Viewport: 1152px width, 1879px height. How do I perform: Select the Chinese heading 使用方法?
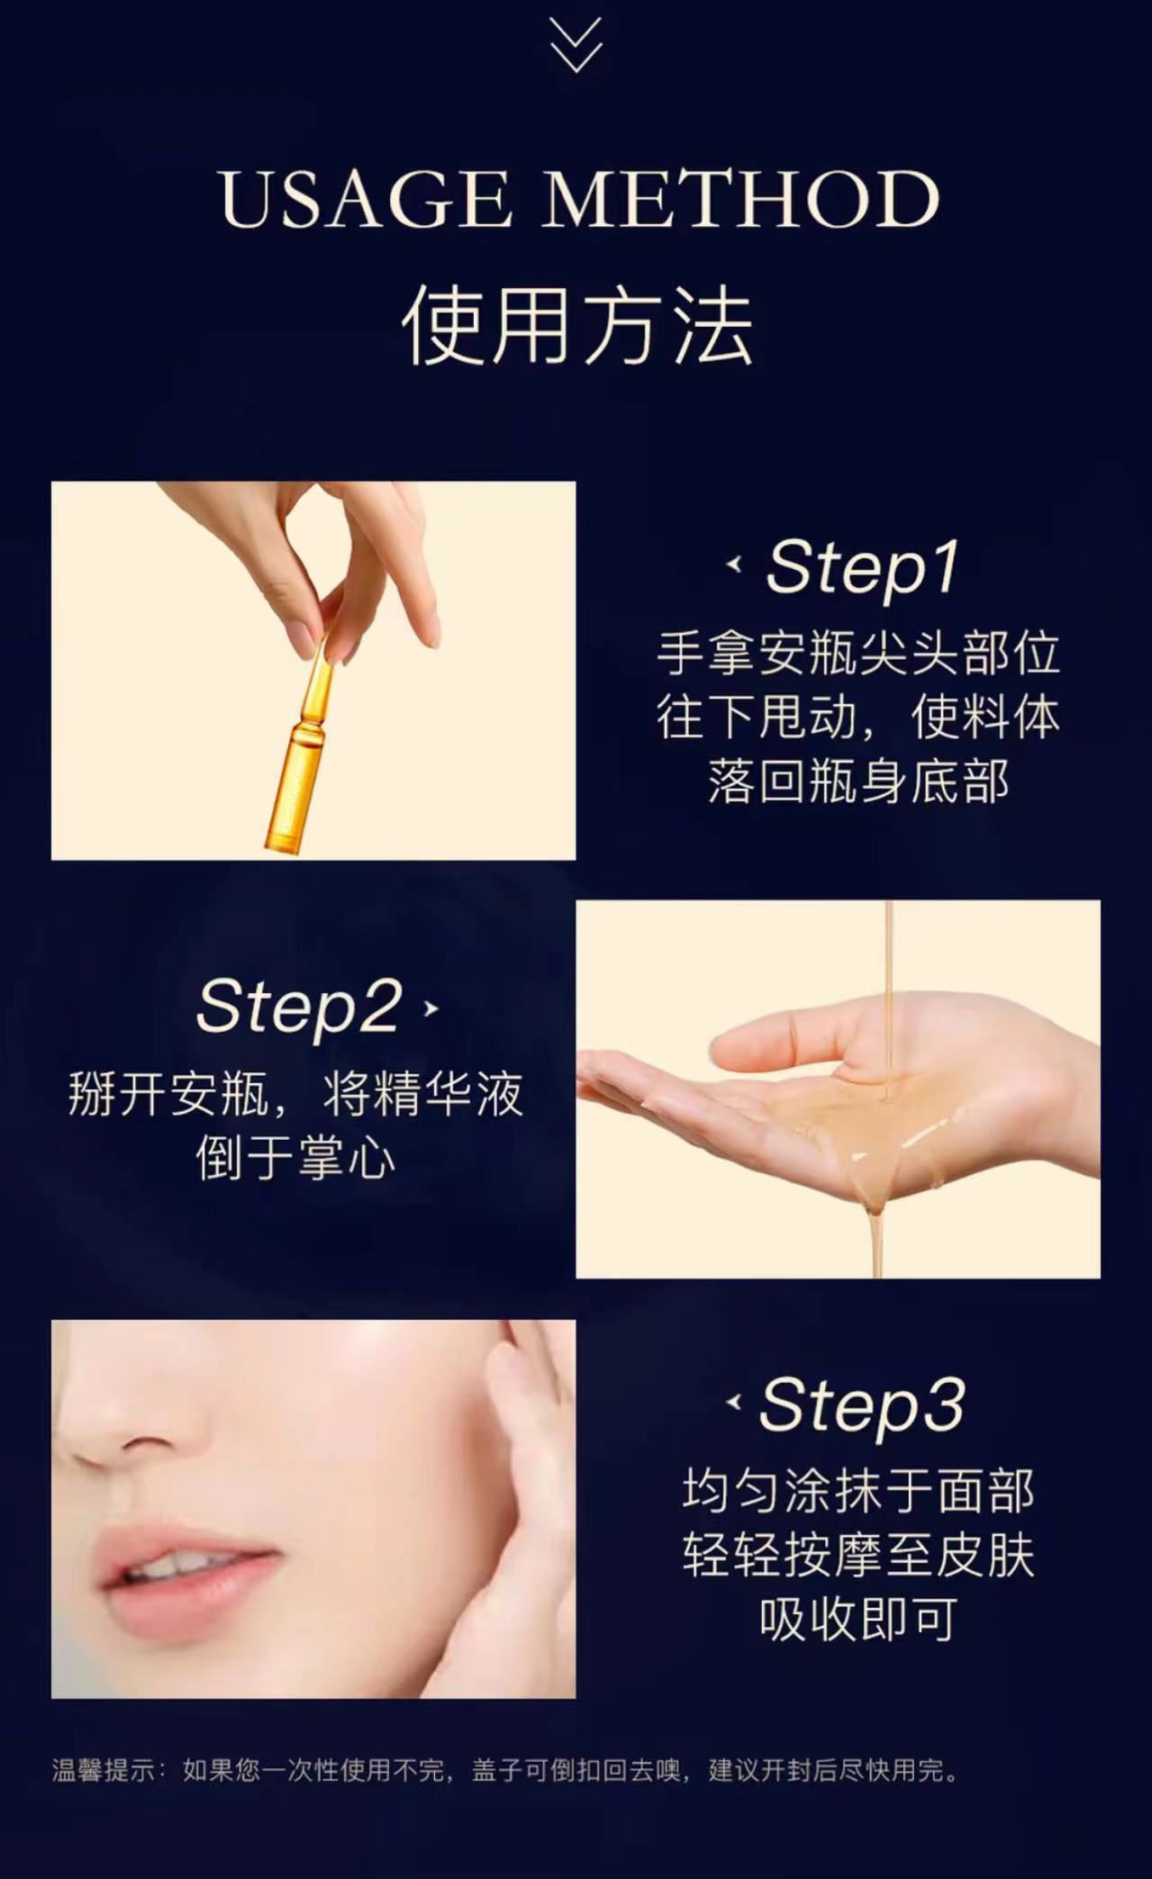pyautogui.click(x=576, y=326)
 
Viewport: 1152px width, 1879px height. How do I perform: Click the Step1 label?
pyautogui.click(x=861, y=567)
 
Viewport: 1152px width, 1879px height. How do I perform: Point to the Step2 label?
pyautogui.click(x=298, y=1007)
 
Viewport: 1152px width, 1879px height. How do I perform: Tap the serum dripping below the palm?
pyautogui.click(x=874, y=1233)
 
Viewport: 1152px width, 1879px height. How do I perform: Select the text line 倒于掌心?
pyautogui.click(x=296, y=1159)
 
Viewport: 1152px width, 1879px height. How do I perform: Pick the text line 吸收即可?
pyautogui.click(x=857, y=1619)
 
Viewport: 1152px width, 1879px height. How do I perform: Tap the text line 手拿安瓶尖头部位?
pyautogui.click(x=857, y=654)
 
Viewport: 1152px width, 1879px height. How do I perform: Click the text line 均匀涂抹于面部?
pyautogui.click(x=857, y=1491)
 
